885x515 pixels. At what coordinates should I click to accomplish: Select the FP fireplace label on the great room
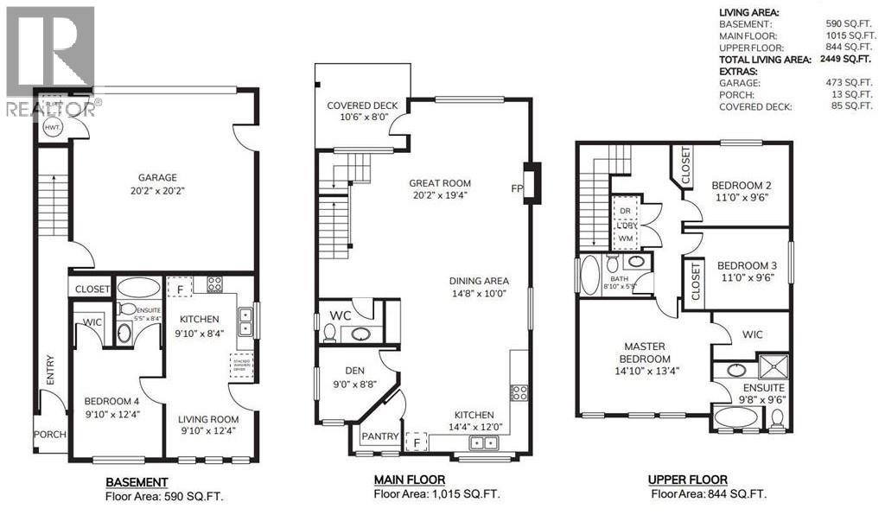pyautogui.click(x=517, y=187)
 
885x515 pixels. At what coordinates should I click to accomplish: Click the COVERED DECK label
pyautogui.click(x=361, y=106)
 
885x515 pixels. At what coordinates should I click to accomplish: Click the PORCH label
pyautogui.click(x=49, y=435)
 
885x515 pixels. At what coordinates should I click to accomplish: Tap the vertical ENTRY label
pyautogui.click(x=49, y=370)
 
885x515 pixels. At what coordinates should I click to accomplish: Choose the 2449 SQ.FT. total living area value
pyautogui.click(x=844, y=60)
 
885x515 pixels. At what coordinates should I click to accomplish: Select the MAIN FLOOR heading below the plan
pyautogui.click(x=410, y=480)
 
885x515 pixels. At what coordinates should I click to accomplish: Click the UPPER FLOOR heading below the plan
pyautogui.click(x=688, y=480)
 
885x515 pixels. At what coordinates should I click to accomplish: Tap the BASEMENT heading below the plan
pyautogui.click(x=137, y=481)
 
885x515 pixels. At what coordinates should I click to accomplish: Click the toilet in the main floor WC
pyautogui.click(x=329, y=333)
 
